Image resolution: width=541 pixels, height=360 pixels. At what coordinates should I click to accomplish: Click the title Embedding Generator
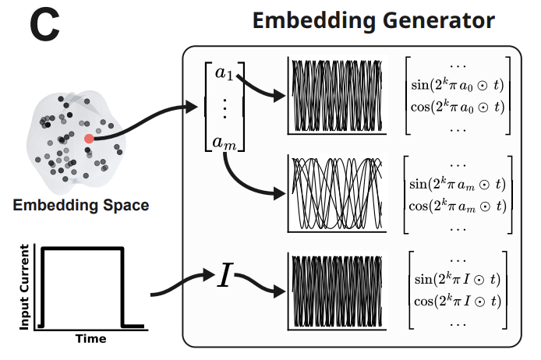373,20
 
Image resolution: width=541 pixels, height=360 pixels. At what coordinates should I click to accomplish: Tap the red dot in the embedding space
90,138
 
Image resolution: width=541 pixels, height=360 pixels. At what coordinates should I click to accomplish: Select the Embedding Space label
81,206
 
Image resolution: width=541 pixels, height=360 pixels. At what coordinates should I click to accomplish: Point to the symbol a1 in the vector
225,74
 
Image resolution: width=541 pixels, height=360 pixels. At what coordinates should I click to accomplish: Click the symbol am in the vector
225,142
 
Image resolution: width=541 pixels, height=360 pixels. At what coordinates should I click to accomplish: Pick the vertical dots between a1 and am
225,108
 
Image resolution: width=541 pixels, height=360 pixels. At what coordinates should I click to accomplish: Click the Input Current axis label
25,286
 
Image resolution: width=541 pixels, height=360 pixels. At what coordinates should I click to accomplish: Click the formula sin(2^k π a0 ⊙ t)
457,83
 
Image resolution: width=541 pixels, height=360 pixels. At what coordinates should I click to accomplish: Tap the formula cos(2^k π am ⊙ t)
457,205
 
